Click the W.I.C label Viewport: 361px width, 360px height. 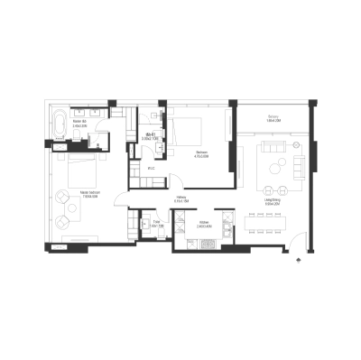tap(152, 168)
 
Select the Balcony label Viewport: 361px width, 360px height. tap(272, 119)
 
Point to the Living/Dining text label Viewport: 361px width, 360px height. tap(271, 205)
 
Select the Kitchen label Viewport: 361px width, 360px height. tap(204, 225)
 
